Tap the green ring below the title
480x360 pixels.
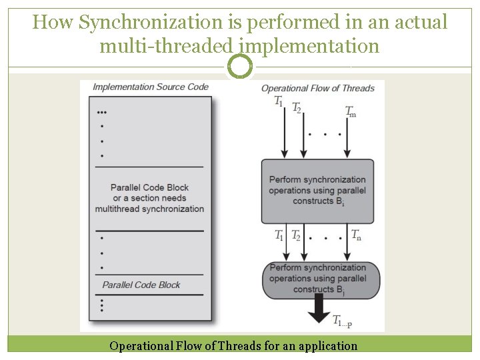point(240,66)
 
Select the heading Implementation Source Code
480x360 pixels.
point(150,87)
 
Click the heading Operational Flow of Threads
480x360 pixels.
point(317,88)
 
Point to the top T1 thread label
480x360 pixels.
point(279,101)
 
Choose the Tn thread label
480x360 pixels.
point(357,234)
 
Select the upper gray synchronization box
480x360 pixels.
point(317,191)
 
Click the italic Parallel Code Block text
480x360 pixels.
point(141,285)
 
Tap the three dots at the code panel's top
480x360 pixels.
point(101,112)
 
